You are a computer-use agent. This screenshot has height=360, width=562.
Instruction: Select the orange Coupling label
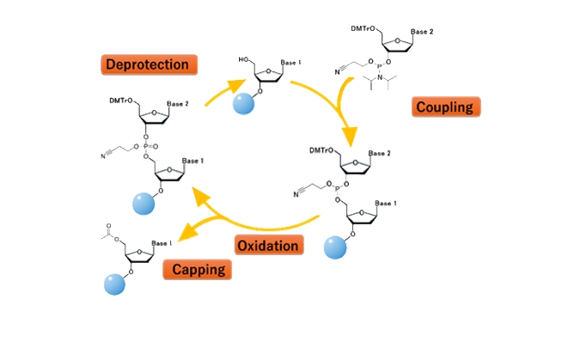(x=445, y=107)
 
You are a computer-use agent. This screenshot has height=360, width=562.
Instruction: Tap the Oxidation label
(x=269, y=246)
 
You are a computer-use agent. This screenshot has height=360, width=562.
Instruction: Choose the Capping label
(x=197, y=270)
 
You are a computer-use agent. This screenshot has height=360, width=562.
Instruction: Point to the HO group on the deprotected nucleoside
(x=244, y=59)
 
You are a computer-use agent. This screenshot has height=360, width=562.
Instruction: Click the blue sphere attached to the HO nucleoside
(x=245, y=104)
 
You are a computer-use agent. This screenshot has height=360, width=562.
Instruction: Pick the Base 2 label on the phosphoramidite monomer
(x=421, y=32)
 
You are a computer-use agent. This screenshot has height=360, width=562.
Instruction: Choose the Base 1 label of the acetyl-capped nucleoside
(x=162, y=243)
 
